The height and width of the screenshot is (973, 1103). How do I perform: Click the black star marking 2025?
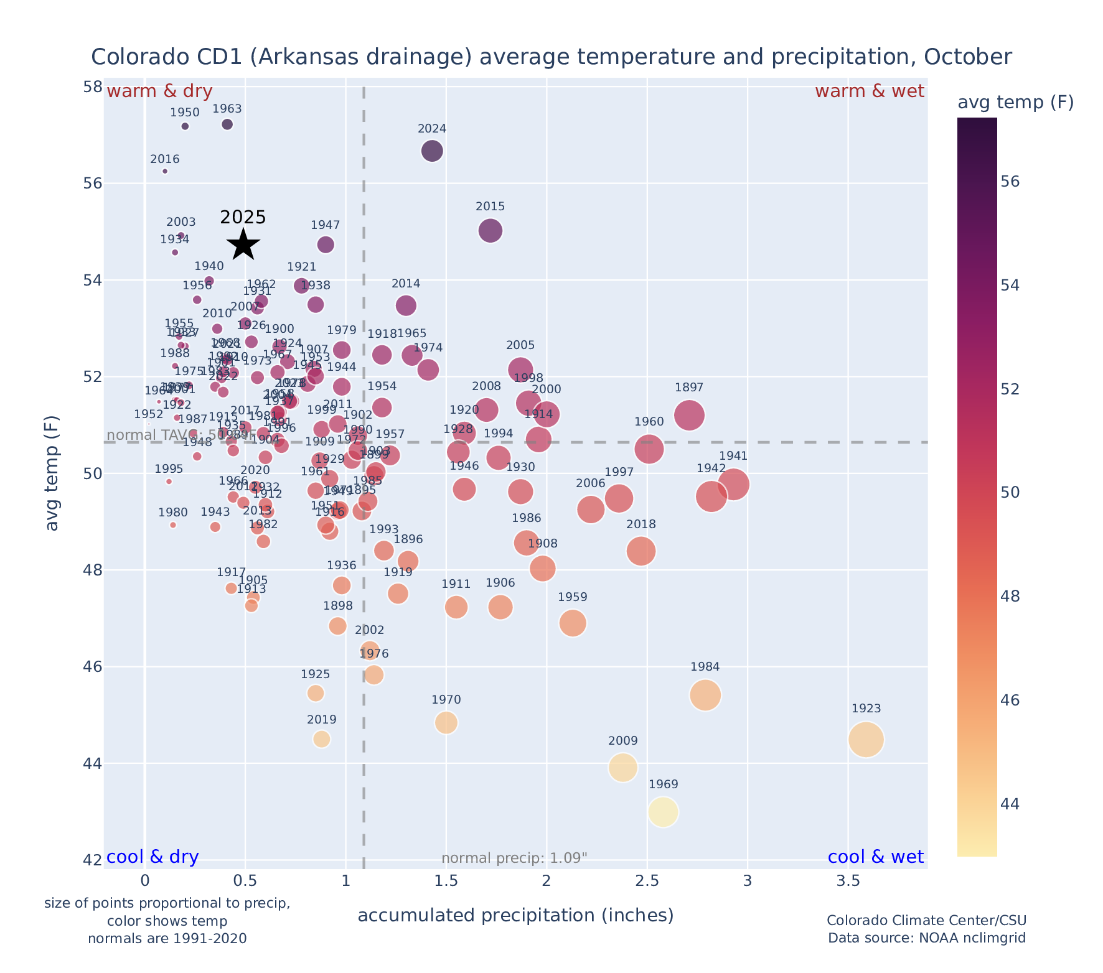pyautogui.click(x=243, y=244)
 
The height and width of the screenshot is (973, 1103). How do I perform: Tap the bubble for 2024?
pyautogui.click(x=432, y=151)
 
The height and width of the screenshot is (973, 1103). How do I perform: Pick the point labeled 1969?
pyautogui.click(x=663, y=812)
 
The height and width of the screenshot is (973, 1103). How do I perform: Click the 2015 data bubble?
pyautogui.click(x=490, y=231)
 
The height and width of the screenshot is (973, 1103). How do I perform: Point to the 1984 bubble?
pyautogui.click(x=705, y=695)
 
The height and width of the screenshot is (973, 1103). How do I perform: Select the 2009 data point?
pyautogui.click(x=623, y=768)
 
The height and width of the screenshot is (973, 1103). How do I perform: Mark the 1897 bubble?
pyautogui.click(x=689, y=415)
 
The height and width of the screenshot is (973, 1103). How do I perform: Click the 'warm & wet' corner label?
pyautogui.click(x=869, y=91)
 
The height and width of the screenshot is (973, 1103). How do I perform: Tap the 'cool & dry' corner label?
pyautogui.click(x=153, y=857)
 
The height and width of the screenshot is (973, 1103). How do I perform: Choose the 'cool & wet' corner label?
pyautogui.click(x=875, y=857)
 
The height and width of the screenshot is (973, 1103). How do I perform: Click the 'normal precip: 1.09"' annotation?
pyautogui.click(x=514, y=859)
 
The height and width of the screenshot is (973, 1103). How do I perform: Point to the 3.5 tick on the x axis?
pyautogui.click(x=848, y=881)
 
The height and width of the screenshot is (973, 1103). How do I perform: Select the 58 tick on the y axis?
pyautogui.click(x=93, y=86)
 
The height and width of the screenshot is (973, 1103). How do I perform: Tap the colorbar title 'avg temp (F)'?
pyautogui.click(x=1015, y=103)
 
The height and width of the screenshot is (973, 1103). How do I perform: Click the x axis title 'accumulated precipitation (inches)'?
pyautogui.click(x=515, y=915)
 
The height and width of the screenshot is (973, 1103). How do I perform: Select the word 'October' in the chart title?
pyautogui.click(x=968, y=57)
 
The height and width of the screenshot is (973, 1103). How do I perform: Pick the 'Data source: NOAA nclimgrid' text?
pyautogui.click(x=926, y=938)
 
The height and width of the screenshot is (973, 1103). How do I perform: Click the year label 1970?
pyautogui.click(x=446, y=700)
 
